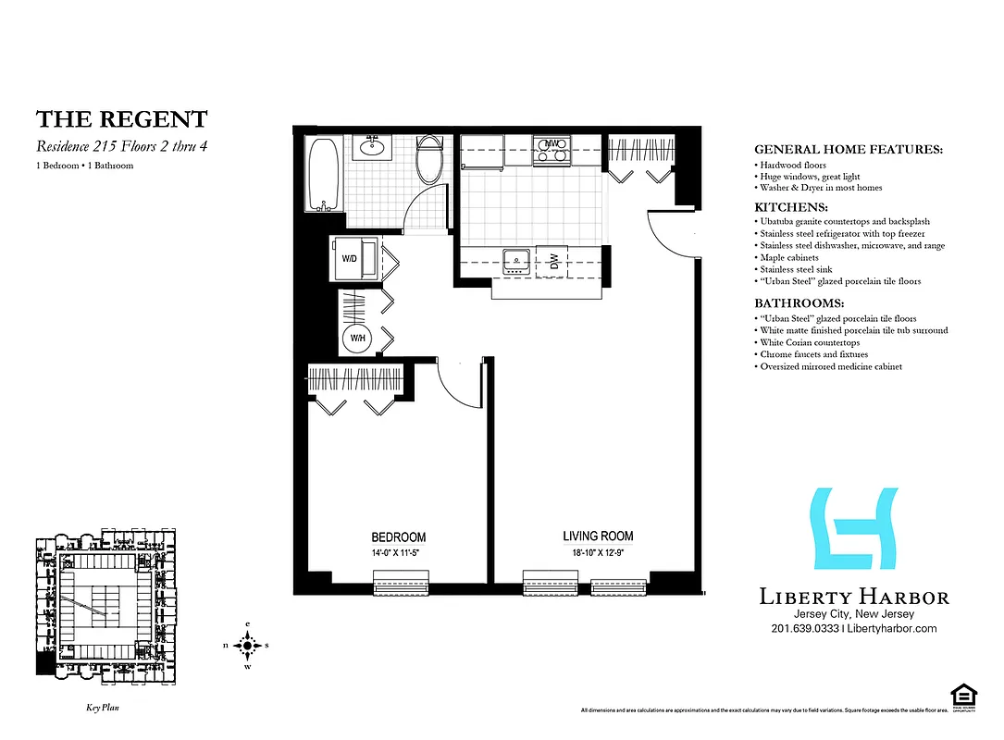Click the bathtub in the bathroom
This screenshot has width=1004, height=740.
click(x=325, y=173)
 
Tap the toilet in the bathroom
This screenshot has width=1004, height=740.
click(x=429, y=161)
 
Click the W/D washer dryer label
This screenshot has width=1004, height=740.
click(x=350, y=259)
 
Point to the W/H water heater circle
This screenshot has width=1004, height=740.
click(x=356, y=339)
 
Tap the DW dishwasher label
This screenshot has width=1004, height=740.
click(x=552, y=263)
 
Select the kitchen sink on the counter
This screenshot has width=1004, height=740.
click(x=514, y=263)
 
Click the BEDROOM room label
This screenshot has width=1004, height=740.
click(x=398, y=537)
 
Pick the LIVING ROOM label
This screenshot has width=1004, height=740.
click(x=598, y=536)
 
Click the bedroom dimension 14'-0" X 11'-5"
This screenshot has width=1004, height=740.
click(x=398, y=553)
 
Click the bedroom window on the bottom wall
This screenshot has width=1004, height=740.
click(x=400, y=584)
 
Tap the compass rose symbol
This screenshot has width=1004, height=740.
click(x=247, y=645)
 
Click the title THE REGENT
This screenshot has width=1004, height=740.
click(x=121, y=119)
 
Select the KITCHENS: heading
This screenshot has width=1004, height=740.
click(x=791, y=208)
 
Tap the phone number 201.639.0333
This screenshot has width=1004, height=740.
click(x=804, y=629)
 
